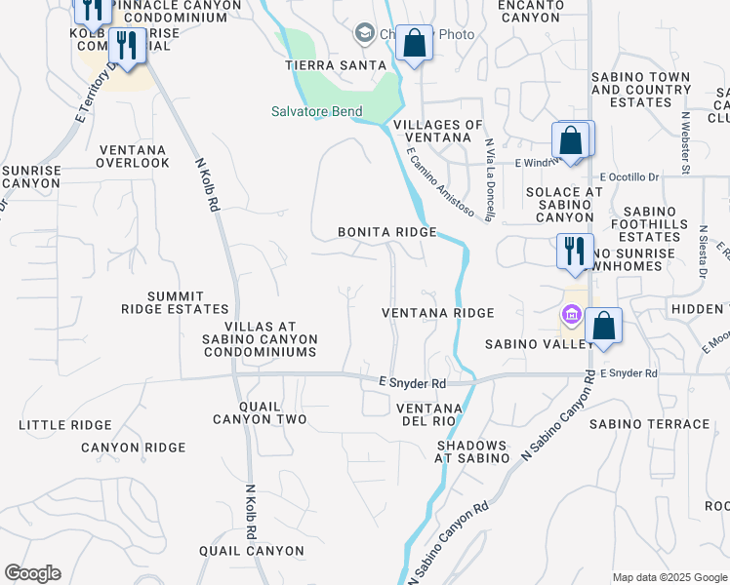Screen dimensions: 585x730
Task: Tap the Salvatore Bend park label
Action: click(317, 111)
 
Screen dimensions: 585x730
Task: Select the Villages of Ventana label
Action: click(438, 132)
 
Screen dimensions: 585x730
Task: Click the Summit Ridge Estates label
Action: click(176, 302)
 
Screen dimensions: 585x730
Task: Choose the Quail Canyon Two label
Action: click(260, 412)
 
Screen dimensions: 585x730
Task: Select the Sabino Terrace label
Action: click(649, 424)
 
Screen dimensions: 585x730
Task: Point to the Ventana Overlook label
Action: click(133, 156)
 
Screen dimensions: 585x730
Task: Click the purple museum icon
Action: click(571, 314)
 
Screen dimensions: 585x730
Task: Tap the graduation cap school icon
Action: click(364, 34)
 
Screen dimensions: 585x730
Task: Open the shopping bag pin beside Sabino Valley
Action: click(603, 325)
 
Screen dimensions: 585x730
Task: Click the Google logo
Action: click(32, 573)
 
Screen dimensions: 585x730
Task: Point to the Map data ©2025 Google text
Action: click(669, 577)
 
